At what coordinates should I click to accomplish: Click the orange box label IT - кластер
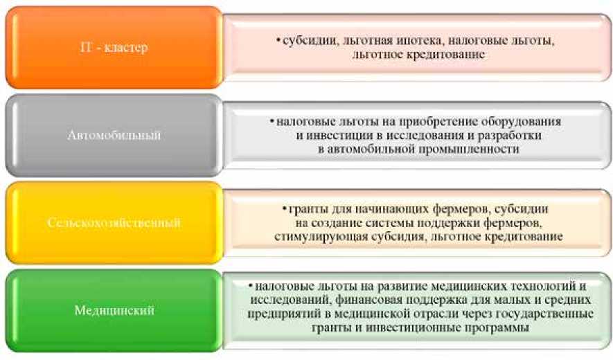click(114, 47)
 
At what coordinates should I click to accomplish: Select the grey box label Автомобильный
click(114, 135)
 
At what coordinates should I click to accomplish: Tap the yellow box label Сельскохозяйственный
click(114, 223)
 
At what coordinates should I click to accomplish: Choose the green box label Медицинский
click(114, 310)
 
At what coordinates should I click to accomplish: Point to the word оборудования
click(521, 122)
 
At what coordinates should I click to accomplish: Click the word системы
click(391, 223)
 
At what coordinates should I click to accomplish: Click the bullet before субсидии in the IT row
click(278, 40)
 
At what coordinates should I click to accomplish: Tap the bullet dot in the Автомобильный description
click(272, 122)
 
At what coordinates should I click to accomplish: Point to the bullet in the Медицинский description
click(251, 286)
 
